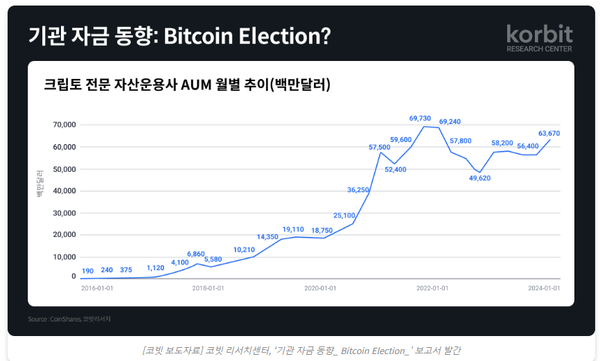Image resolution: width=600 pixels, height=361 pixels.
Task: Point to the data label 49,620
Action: click(479, 178)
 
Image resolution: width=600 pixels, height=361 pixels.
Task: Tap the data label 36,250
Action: click(358, 190)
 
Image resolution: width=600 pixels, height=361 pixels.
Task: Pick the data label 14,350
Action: click(267, 237)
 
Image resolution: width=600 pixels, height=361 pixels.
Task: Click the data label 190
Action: click(87, 271)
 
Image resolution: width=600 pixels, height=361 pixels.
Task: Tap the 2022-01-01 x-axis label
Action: click(432, 288)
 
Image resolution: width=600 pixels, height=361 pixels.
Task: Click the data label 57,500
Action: click(380, 147)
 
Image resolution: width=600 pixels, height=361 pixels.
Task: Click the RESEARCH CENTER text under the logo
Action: click(539, 49)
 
